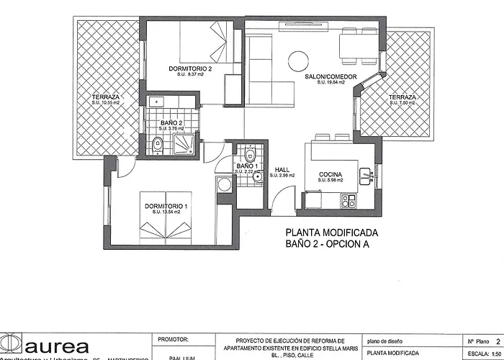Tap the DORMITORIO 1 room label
pos(166,207)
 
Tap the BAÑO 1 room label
pos(246,166)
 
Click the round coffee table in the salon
pos(298,59)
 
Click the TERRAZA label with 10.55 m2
pos(105,96)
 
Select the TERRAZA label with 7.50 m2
pos(402,96)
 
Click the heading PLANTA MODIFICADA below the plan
pos(331,233)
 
